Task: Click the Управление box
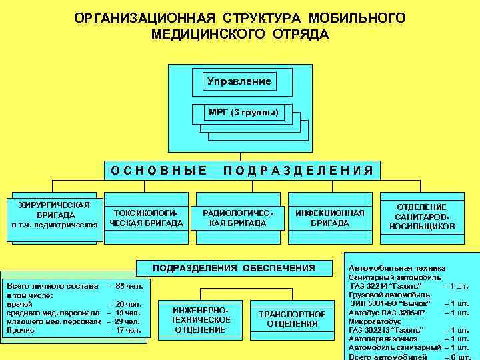(x=239, y=81)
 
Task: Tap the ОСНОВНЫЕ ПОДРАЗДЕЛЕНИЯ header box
(x=243, y=170)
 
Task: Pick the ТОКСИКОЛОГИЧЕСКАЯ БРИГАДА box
(x=146, y=217)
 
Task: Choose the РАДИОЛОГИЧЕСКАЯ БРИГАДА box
(x=237, y=217)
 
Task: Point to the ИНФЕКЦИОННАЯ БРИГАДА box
(x=329, y=217)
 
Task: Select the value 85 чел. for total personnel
(x=129, y=285)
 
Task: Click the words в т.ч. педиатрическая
(x=55, y=225)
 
